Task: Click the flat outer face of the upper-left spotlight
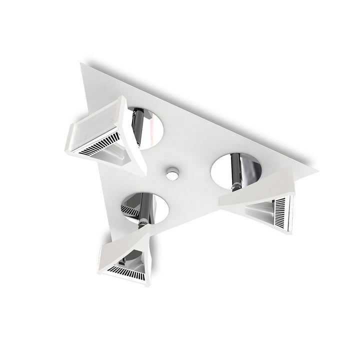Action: pyautogui.click(x=95, y=122)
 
